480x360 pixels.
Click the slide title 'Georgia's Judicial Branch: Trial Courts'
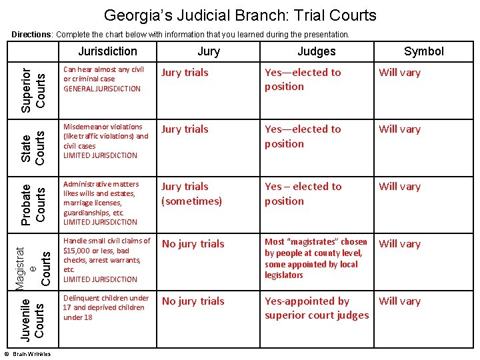click(x=240, y=15)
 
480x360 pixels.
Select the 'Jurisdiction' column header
click(x=107, y=51)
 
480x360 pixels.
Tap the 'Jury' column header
click(x=209, y=51)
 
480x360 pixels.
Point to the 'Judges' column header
click(x=316, y=51)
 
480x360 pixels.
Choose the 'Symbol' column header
click(x=423, y=51)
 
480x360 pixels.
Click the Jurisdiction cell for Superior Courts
click(x=103, y=79)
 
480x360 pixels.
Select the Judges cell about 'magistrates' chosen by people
click(x=315, y=258)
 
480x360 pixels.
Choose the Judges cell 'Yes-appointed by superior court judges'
click(x=316, y=308)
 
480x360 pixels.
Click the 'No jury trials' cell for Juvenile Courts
click(x=193, y=301)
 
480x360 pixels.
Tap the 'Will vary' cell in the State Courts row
click(x=399, y=129)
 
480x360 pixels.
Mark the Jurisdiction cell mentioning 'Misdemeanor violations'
click(x=105, y=141)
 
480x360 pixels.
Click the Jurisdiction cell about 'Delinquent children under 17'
click(x=105, y=307)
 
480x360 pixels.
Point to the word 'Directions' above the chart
click(x=33, y=34)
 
